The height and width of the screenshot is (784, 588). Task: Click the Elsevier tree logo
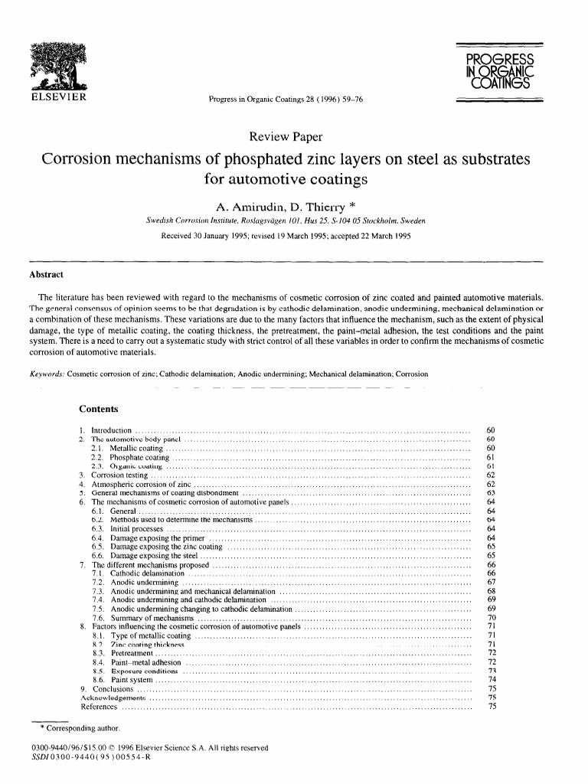(57, 66)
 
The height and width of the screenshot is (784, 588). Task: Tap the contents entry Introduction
(112, 431)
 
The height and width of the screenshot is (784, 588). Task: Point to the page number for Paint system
(492, 678)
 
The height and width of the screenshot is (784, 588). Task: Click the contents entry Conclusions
(113, 688)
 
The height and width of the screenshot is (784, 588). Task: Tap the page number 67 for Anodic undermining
(492, 582)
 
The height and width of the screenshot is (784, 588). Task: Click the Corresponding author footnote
(76, 727)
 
